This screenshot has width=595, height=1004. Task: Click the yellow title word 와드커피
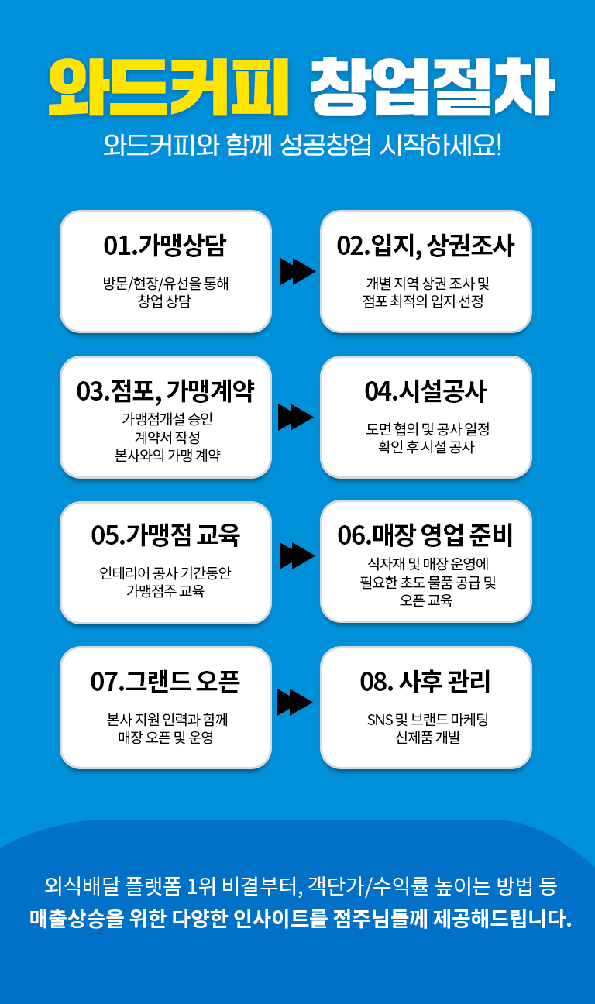pos(169,87)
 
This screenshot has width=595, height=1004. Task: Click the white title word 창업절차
pos(433,87)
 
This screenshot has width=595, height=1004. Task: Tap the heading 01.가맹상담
pos(165,246)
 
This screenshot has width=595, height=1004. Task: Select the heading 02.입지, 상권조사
pos(425,246)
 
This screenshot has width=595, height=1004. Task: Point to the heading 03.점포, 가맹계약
pos(166,391)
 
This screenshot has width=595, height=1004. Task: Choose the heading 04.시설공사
pos(425,391)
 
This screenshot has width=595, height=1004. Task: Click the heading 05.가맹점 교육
pos(166,535)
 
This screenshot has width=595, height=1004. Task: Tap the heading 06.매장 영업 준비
pos(425,535)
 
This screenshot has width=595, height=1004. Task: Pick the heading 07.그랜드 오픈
pos(166,681)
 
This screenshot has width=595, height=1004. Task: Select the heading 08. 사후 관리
pos(425,681)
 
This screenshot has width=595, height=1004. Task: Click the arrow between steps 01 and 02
pos(297,272)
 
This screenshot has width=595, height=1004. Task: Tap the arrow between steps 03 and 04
pos(295,418)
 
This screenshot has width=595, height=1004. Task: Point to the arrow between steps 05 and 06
pos(297,555)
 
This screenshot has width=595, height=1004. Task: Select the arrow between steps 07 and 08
pos(294,703)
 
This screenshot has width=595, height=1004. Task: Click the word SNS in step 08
pos(380,720)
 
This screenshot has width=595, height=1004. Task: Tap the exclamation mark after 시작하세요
pos(498,145)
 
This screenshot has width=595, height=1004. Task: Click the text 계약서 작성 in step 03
pos(167,437)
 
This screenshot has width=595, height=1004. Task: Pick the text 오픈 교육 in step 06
pos(426,600)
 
